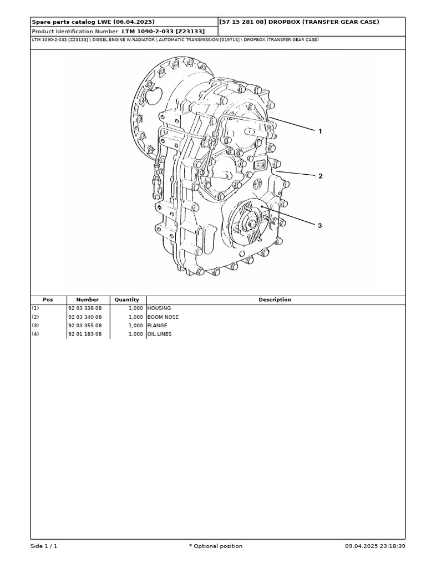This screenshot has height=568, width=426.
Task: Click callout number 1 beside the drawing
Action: pos(320,131)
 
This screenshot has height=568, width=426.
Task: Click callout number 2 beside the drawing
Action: pos(320,176)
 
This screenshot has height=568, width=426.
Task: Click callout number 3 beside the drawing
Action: pos(320,226)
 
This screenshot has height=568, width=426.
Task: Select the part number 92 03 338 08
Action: pos(85,308)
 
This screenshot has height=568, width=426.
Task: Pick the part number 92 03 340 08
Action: pos(85,317)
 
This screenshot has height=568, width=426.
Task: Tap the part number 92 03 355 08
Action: pos(85,326)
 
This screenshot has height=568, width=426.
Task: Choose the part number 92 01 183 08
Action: pos(85,334)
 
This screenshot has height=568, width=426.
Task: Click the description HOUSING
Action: pos(159,308)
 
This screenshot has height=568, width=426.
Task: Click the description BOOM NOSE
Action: pos(163,317)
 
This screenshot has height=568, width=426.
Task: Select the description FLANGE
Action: pos(158,326)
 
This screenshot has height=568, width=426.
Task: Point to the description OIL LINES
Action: pos(160,334)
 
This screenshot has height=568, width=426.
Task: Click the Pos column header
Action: pos(48,300)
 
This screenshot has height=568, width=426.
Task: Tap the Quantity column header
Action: pos(127,300)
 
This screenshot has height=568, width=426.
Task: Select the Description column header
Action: pos(275,300)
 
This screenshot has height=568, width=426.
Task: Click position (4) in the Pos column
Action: pos(35,334)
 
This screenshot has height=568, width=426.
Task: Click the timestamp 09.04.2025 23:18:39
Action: pos(375,546)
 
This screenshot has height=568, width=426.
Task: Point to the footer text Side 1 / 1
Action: pos(44,546)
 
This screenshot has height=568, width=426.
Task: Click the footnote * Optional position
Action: pos(216,546)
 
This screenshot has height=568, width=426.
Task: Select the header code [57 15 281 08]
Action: pos(242,22)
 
